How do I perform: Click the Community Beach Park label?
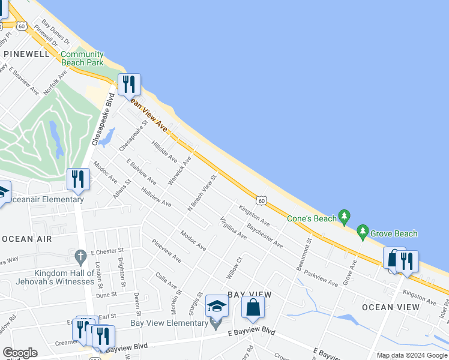click(x=82, y=58)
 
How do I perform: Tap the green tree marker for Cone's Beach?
click(x=344, y=215)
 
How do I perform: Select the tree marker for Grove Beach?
click(x=362, y=230)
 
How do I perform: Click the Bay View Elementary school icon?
click(x=217, y=307)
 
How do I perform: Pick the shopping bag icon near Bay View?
click(x=253, y=307)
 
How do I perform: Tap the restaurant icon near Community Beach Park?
click(x=128, y=85)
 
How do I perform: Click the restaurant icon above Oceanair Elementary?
click(x=78, y=179)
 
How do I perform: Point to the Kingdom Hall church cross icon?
click(x=81, y=257)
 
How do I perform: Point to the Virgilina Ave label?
click(x=234, y=227)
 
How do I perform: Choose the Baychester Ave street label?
click(x=265, y=236)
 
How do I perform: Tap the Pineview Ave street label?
click(x=167, y=251)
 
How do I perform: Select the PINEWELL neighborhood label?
click(x=26, y=54)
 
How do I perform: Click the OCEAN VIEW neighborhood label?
click(x=391, y=307)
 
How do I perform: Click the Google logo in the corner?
click(x=20, y=352)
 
